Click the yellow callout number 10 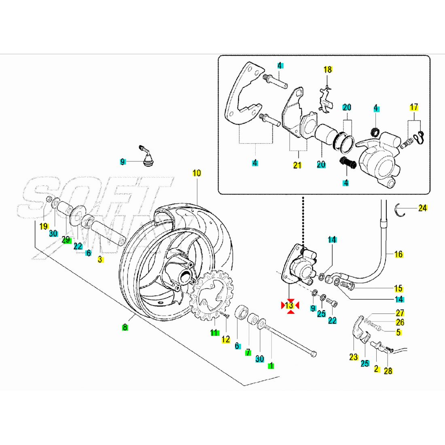coord(197,173)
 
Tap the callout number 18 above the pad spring coord(328,70)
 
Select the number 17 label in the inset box coord(414,107)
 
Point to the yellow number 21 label coord(297,165)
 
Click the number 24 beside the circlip coord(423,208)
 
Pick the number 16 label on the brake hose coord(398,254)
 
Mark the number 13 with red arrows coord(289,305)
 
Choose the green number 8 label coord(125,327)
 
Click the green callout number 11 coord(214,333)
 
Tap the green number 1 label coord(271,365)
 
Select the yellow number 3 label coord(100,260)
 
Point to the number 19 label coord(44,227)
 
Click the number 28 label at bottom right coord(388,371)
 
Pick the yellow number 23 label coord(354,357)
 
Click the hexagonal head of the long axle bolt coord(313,354)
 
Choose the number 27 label coord(400,313)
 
